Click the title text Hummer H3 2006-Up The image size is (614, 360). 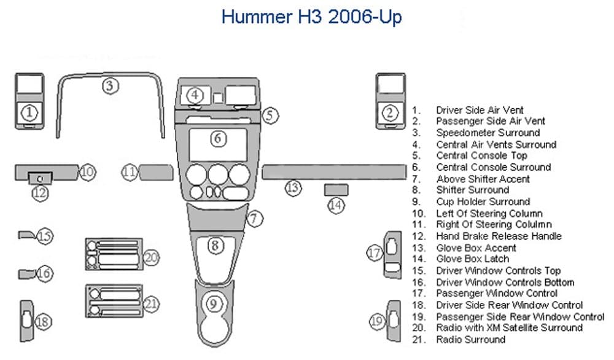[x=311, y=17]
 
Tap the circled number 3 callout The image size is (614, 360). [x=110, y=85]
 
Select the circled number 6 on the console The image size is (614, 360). [x=219, y=139]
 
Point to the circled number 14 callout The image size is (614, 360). [x=336, y=205]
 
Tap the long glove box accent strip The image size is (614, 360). [x=333, y=171]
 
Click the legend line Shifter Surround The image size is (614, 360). [x=472, y=190]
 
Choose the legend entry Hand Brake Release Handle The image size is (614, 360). [x=499, y=236]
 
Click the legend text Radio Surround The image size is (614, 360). [x=471, y=339]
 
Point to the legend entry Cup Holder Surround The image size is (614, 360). [x=483, y=202]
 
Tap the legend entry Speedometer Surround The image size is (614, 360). [x=488, y=133]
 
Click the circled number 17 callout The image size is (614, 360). [x=375, y=252]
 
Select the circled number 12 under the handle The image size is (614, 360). [x=40, y=193]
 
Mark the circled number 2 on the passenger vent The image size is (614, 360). [x=391, y=112]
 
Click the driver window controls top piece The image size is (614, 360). [x=27, y=234]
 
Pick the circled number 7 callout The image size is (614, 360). [x=256, y=217]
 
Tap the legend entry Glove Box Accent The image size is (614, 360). [x=476, y=248]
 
